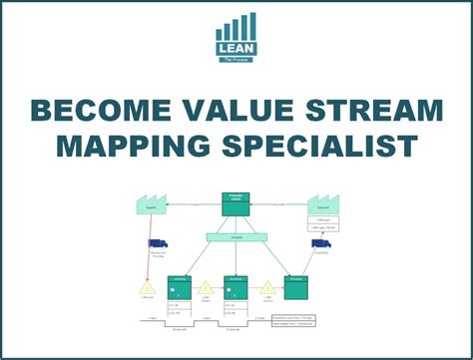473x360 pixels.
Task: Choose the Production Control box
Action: click(236, 202)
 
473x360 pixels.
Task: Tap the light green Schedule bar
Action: click(236, 236)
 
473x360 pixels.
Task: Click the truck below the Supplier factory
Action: click(158, 243)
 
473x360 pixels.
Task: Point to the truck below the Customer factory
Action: click(321, 243)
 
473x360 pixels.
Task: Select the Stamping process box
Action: click(182, 287)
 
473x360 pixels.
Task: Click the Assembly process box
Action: click(236, 287)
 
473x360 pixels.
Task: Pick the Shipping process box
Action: click(295, 287)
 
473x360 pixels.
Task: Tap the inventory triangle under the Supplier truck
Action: click(147, 287)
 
